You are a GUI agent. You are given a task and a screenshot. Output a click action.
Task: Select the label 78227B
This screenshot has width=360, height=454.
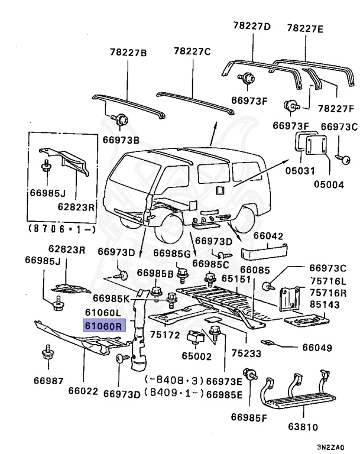(127, 53)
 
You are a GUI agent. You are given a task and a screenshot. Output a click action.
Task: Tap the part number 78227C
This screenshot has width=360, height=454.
(192, 52)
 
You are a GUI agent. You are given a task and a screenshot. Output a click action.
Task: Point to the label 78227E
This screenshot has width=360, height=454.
(305, 28)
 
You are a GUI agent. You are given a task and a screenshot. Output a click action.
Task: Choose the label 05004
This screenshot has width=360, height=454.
(329, 184)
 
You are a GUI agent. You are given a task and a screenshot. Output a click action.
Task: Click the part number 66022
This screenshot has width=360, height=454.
(83, 391)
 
